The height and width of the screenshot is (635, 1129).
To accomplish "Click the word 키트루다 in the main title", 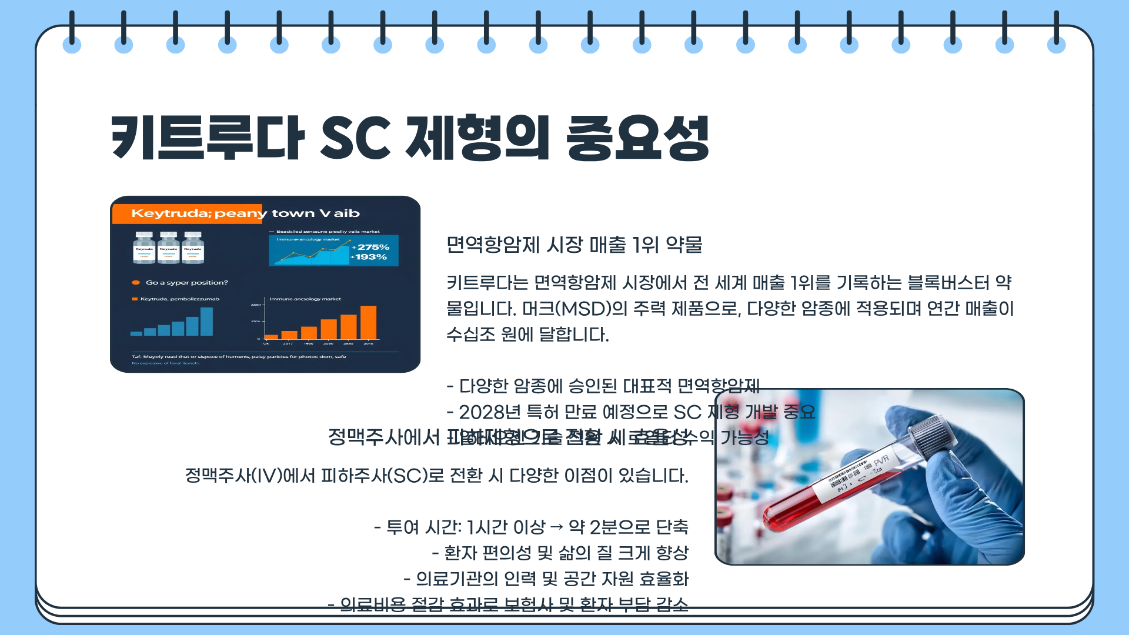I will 208,138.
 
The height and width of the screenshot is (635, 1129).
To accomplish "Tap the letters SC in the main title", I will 355,138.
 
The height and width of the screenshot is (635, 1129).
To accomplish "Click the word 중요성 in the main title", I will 637,138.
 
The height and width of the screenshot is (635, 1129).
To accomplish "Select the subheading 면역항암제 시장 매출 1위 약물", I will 574,245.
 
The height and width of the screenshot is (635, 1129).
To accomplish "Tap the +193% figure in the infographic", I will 369,257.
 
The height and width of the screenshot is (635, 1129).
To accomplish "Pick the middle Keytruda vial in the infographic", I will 169,248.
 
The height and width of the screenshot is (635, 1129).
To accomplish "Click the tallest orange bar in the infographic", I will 368,322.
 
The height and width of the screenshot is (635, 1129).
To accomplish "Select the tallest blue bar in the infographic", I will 206,322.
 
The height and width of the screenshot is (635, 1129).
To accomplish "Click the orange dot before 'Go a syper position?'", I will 136,283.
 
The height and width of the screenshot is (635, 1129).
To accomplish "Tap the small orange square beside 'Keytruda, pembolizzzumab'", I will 135,299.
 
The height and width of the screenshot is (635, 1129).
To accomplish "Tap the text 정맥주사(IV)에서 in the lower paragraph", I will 250,476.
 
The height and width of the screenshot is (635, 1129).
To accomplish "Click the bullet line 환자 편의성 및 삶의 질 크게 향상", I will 560,553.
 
